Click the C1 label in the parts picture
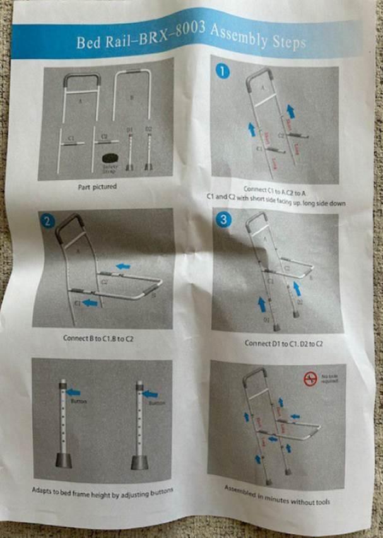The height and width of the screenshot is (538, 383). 71,137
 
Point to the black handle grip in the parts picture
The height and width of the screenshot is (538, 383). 82,79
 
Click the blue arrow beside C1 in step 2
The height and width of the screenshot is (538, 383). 91,303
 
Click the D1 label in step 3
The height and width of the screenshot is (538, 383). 266,320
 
